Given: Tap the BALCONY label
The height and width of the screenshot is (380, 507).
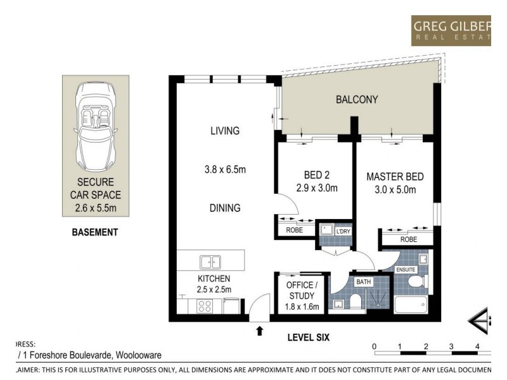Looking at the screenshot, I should pos(357,99).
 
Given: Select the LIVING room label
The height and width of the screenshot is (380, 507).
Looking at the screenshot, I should pos(225,131).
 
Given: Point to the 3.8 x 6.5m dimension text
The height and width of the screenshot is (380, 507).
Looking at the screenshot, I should pos(225,170).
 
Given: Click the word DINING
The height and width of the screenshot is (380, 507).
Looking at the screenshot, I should pos(225,208).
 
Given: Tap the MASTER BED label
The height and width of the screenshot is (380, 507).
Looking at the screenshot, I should pos(394,177).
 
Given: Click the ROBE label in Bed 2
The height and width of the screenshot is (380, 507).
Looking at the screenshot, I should pos(295,231).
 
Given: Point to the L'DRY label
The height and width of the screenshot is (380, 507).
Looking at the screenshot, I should pos(343,231).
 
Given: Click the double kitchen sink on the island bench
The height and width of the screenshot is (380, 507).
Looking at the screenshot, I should pos(210,261).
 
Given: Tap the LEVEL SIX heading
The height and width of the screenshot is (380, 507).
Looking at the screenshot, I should pos(308,338).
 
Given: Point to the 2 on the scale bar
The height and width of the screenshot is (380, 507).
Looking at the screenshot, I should pos(426,346).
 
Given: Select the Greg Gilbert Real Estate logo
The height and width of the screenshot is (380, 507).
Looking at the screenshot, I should pos(451,30).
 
